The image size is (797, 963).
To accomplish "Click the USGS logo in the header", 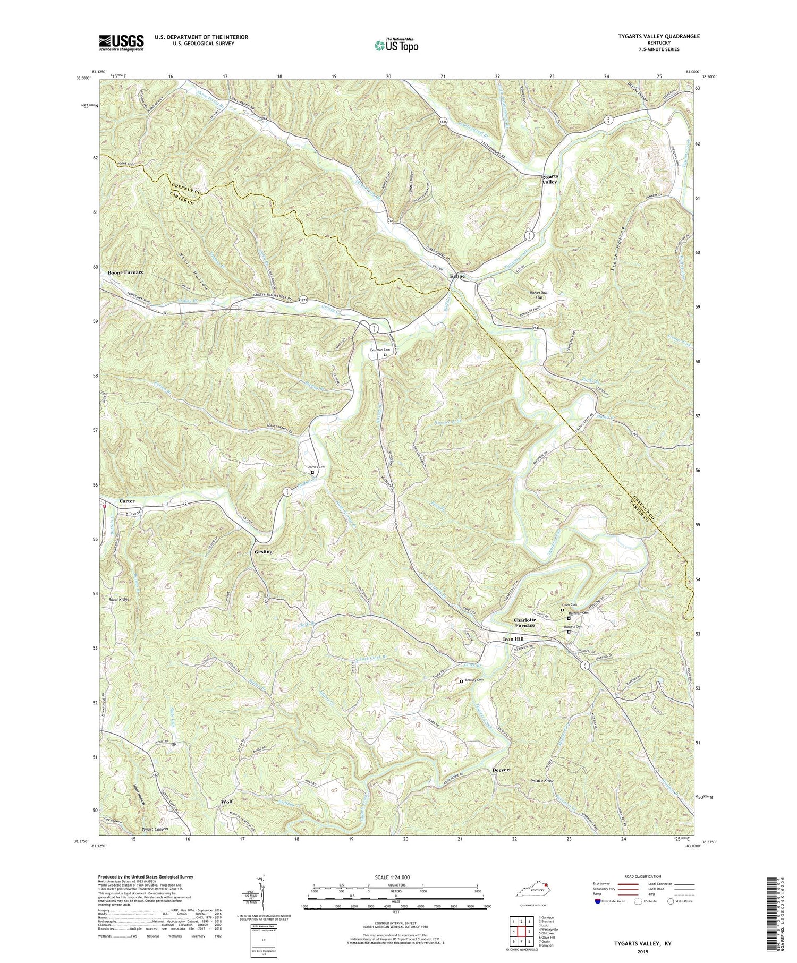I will pyautogui.click(x=121, y=42).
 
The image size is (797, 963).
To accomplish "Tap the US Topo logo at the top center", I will pyautogui.click(x=396, y=45).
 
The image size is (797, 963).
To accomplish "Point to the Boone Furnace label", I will pyautogui.click(x=126, y=272).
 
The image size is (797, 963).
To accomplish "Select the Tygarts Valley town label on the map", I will pyautogui.click(x=549, y=178).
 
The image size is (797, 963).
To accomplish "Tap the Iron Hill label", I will pyautogui.click(x=514, y=639).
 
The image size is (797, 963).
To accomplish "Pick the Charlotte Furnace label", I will pyautogui.click(x=528, y=623).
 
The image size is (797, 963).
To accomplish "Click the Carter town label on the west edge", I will pyautogui.click(x=127, y=501).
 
